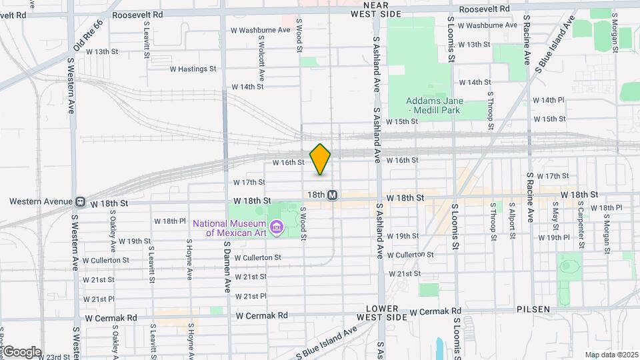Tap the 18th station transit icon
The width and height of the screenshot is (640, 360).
[333, 195]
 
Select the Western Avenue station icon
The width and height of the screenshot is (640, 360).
[79, 201]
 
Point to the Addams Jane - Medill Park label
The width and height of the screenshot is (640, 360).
[435, 105]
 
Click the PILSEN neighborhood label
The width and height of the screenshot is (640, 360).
[533, 310]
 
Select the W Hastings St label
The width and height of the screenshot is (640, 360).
[193, 69]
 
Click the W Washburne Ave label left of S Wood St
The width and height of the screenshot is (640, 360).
[261, 30]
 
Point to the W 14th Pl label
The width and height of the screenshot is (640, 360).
[549, 100]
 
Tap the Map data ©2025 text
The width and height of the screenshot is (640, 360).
[611, 355]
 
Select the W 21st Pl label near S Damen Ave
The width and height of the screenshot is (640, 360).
[251, 296]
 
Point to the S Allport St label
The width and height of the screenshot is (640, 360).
[512, 221]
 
